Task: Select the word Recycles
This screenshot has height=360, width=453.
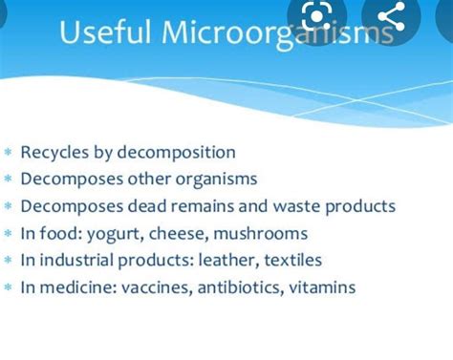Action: [x=56, y=153]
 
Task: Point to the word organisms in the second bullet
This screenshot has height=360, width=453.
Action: [x=223, y=180]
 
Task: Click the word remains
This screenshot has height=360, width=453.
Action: [x=217, y=206]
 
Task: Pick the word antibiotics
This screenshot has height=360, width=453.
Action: [x=237, y=286]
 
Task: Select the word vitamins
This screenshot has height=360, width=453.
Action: [x=321, y=286]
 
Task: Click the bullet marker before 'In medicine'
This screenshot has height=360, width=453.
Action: [x=8, y=287]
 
